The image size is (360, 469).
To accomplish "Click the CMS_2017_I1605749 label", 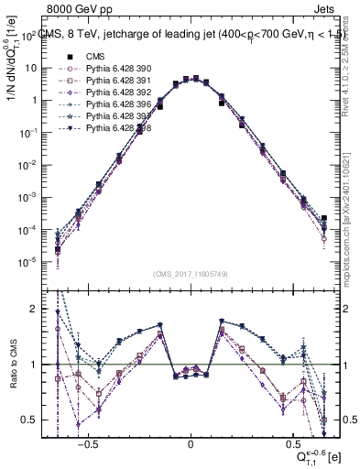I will [191, 273].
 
